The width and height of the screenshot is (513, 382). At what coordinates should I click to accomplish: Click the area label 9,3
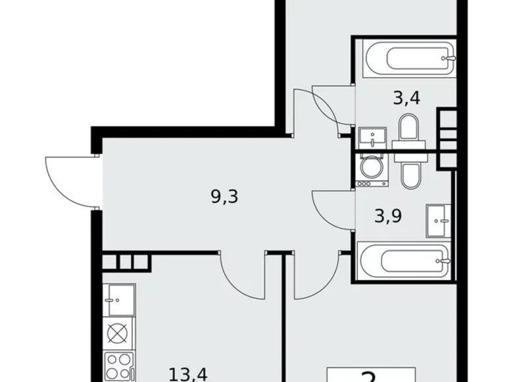click(x=224, y=196)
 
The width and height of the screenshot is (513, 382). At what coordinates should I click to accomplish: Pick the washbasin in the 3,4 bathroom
click(x=373, y=139)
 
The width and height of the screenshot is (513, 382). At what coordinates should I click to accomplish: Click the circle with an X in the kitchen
click(x=118, y=333)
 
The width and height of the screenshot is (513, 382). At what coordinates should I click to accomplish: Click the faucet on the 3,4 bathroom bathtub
click(x=449, y=58)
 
